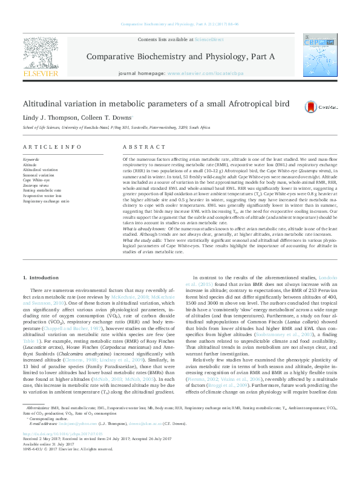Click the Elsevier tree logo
coord(41,53)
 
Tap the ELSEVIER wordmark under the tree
coord(41,73)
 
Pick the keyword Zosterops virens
coord(35,184)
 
